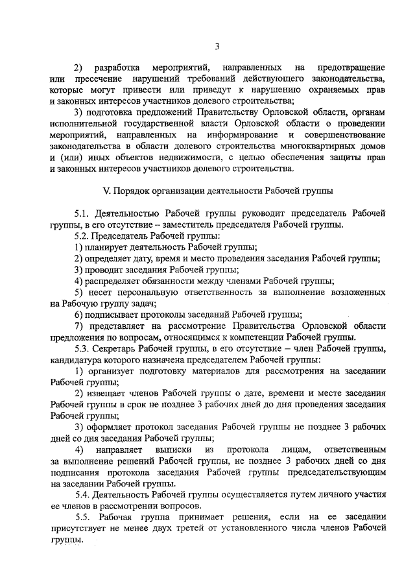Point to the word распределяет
click(112, 281)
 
